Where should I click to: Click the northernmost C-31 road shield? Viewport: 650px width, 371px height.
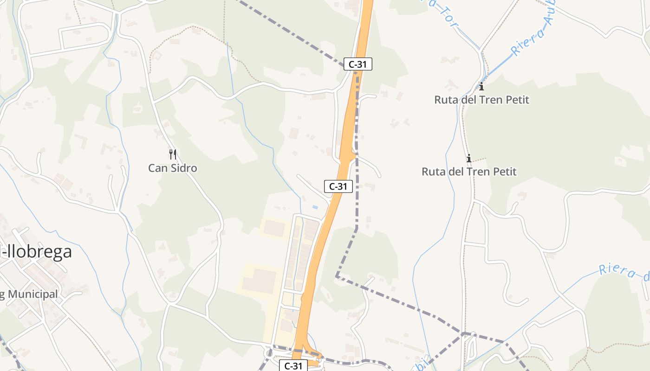click(357, 64)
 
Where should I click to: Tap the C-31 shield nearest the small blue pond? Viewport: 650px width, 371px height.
click(338, 186)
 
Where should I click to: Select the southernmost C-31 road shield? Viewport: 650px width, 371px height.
click(293, 366)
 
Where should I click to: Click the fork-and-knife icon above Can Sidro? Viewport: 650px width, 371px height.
click(173, 154)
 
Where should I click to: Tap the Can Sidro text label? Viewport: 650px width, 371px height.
click(172, 168)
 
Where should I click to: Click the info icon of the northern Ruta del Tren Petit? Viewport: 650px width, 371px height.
click(481, 86)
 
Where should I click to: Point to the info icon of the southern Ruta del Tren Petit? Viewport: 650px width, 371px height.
click(469, 158)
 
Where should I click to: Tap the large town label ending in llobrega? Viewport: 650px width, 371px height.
click(35, 252)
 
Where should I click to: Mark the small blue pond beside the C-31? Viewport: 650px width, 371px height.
click(315, 207)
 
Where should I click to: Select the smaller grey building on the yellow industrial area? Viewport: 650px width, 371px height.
click(274, 228)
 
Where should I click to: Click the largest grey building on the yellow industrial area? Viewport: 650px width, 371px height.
click(259, 281)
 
